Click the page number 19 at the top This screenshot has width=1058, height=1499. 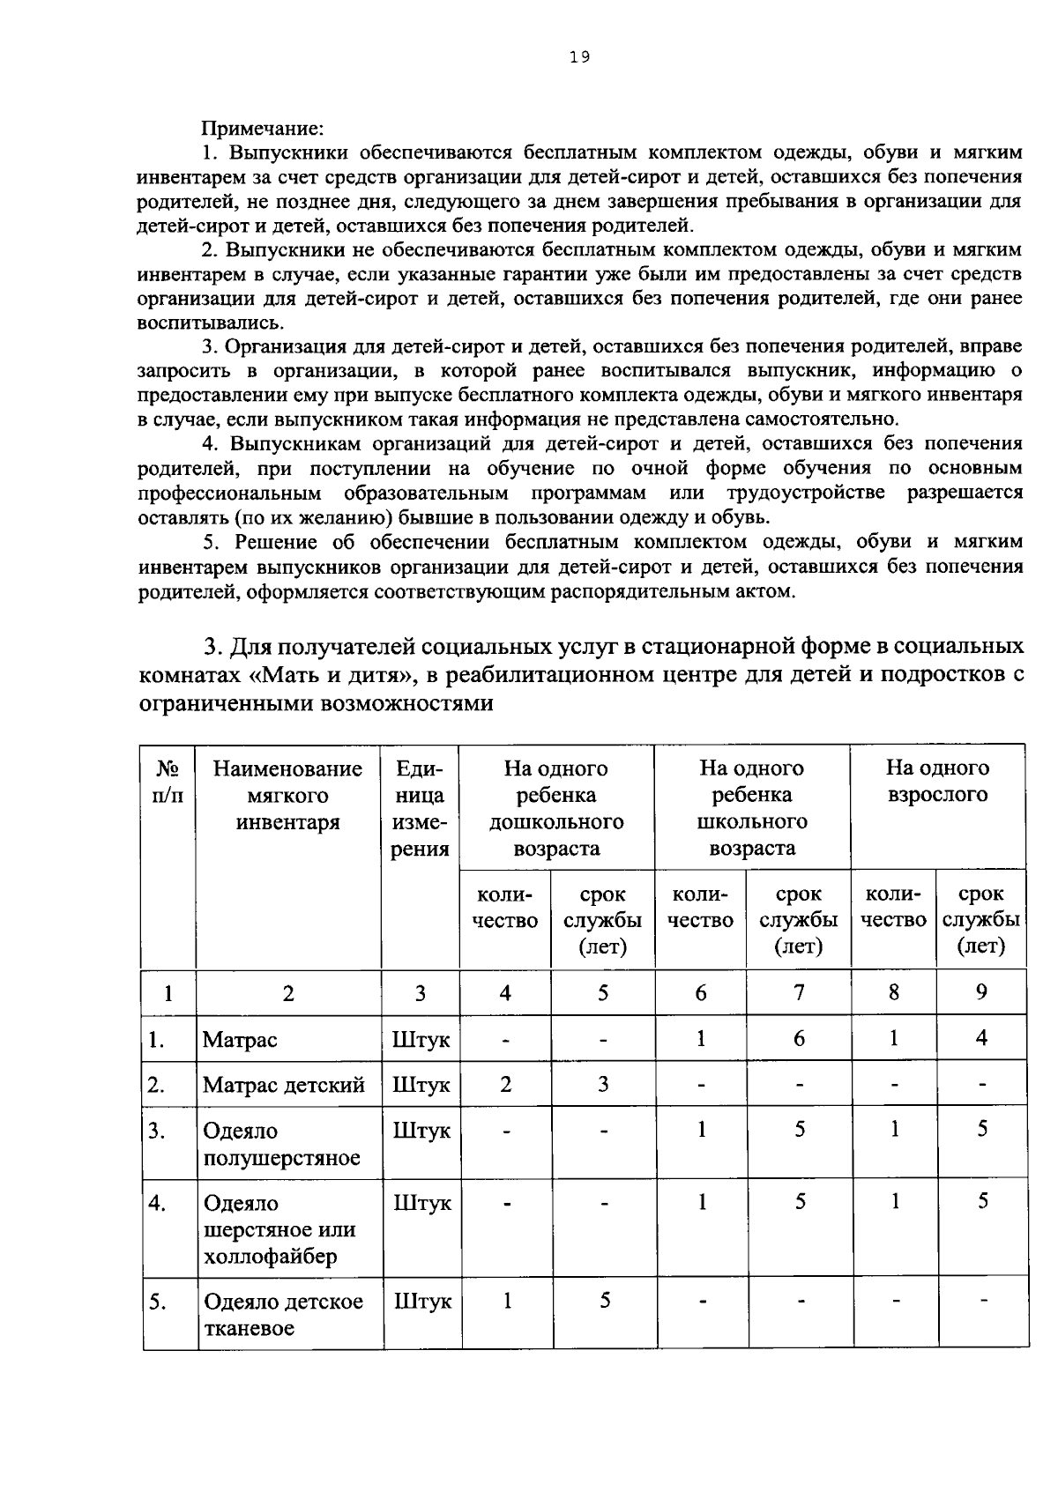coord(579,57)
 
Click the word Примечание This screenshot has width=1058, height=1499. coord(263,129)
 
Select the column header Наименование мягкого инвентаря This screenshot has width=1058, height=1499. coord(287,795)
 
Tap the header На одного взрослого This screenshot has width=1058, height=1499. coord(937,781)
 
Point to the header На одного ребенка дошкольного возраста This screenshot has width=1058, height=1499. coord(555,808)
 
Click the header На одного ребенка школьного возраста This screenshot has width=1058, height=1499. coord(751,808)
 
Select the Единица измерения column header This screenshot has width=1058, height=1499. coord(420,808)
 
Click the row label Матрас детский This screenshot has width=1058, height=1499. coord(283,1085)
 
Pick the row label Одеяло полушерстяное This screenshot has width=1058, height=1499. coord(281,1144)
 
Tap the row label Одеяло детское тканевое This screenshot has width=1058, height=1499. coord(283,1315)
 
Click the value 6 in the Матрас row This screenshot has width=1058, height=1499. coord(799,1038)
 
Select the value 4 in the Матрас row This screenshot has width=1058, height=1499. coord(981,1038)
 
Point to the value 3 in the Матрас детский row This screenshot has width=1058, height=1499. coord(603,1084)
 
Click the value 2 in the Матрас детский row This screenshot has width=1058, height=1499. coord(505,1084)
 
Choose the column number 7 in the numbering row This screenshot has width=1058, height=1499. coord(799,992)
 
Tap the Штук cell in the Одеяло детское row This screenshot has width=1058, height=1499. coord(421,1302)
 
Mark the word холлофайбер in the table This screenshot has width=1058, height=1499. coord(270,1257)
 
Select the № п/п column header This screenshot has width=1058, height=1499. coord(168,782)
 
